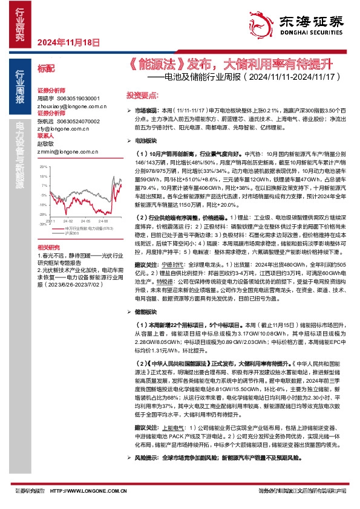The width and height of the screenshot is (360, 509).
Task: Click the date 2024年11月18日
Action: [68, 42]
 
